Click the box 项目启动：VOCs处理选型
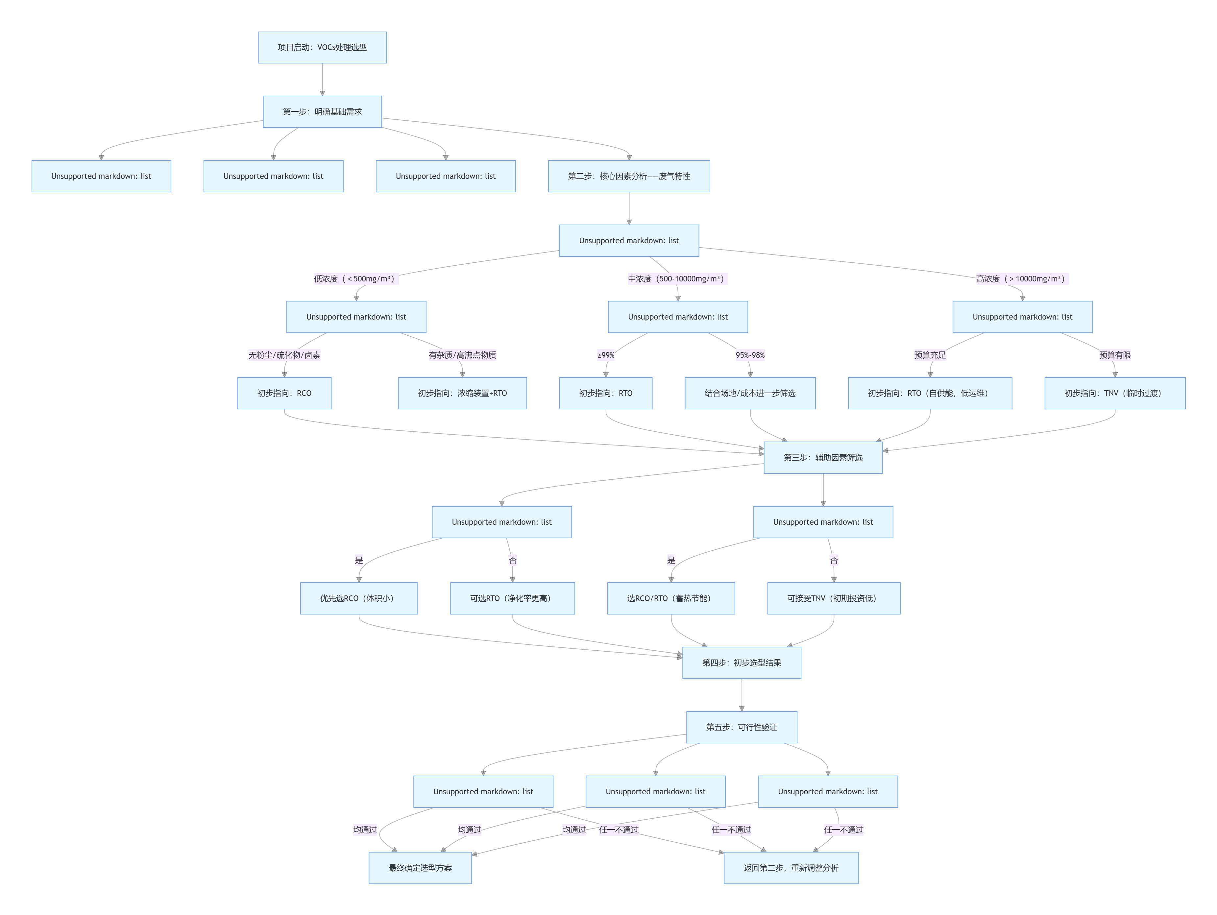322,47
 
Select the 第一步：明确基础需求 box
322,112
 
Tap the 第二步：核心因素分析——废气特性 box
628,176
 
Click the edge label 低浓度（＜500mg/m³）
355,279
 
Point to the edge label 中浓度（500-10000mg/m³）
677,279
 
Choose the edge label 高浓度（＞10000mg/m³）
1021,279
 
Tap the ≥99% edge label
606,355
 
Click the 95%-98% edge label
750,355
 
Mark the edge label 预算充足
930,355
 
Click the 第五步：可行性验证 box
741,727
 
